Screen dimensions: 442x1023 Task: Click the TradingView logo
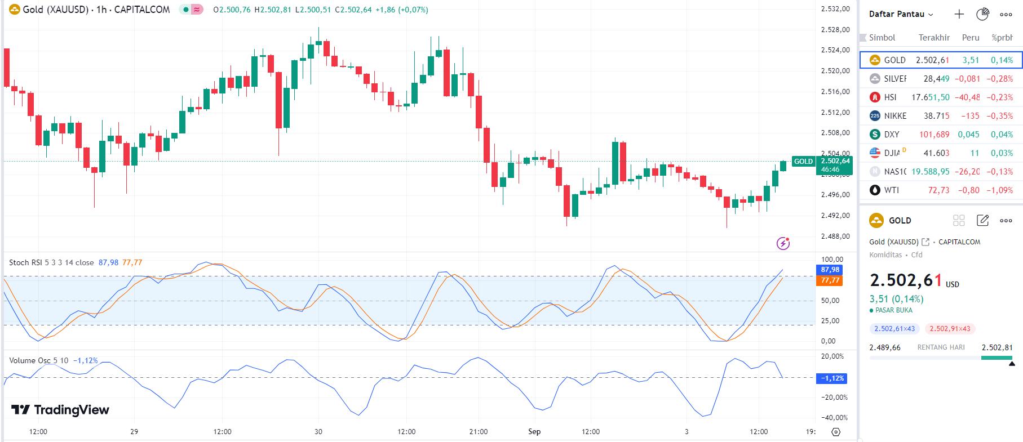pyautogui.click(x=60, y=409)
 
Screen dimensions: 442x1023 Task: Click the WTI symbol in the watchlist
pyautogui.click(x=891, y=190)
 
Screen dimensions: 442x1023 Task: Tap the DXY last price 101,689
pyautogui.click(x=934, y=135)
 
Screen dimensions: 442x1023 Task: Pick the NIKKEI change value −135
pyautogui.click(x=970, y=116)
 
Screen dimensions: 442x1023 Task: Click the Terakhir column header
pyautogui.click(x=934, y=38)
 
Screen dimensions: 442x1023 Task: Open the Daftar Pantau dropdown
pyautogui.click(x=901, y=14)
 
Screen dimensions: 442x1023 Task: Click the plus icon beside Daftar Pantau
pyautogui.click(x=959, y=14)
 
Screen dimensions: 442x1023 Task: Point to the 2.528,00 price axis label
pyautogui.click(x=835, y=29)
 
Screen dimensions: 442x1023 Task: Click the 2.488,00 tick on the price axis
pyautogui.click(x=835, y=236)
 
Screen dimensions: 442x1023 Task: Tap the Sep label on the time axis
pyautogui.click(x=534, y=431)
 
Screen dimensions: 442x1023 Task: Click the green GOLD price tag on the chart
pyautogui.click(x=803, y=162)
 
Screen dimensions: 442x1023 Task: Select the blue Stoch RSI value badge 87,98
pyautogui.click(x=830, y=270)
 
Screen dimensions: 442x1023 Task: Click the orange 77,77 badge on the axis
pyautogui.click(x=830, y=280)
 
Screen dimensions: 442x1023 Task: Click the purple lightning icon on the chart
pyautogui.click(x=783, y=243)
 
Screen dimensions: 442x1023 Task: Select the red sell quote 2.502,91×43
pyautogui.click(x=950, y=329)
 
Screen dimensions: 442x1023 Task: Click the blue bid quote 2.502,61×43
pyautogui.click(x=894, y=329)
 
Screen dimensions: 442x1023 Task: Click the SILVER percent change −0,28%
pyautogui.click(x=999, y=79)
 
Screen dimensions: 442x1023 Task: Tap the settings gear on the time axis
pyautogui.click(x=836, y=432)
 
